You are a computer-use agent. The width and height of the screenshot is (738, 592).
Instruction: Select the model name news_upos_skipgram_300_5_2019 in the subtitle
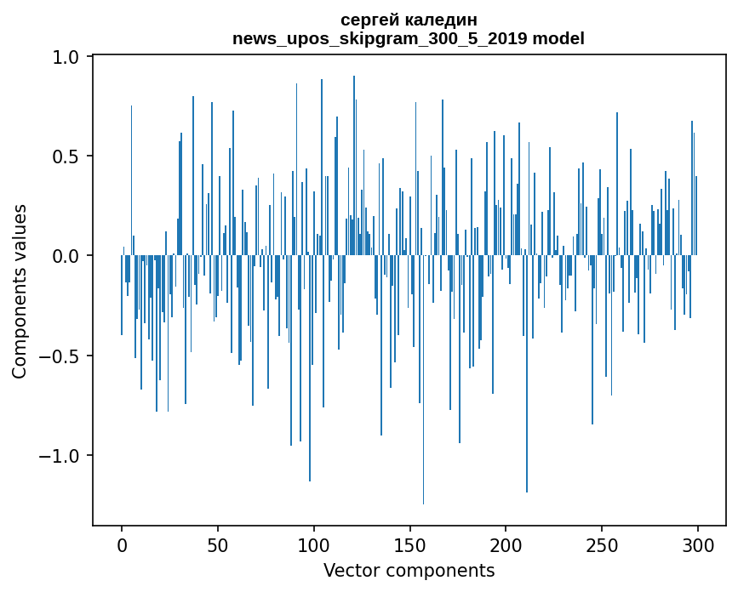[385, 38]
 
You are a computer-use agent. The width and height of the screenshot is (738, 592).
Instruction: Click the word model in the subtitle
[562, 38]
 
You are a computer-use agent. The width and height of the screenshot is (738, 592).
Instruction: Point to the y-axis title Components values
[20, 291]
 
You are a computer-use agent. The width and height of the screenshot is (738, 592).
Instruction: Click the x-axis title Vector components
[409, 570]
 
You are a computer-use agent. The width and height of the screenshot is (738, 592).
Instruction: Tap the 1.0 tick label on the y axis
[66, 57]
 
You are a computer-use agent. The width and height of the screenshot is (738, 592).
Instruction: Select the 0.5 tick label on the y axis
[66, 157]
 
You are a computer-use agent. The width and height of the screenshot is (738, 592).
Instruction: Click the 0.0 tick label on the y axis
[66, 256]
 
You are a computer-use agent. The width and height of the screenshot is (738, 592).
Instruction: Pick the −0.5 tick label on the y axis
[59, 356]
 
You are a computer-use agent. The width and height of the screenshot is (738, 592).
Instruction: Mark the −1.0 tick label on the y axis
[59, 455]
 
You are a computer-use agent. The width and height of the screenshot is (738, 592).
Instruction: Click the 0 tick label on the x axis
[122, 544]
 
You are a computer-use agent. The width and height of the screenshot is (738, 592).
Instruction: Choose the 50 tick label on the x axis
[218, 544]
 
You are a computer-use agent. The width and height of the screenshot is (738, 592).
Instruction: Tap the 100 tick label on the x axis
[314, 544]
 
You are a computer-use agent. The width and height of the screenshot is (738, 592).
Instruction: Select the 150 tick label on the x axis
[410, 544]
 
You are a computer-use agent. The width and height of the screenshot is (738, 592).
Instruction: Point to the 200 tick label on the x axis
[506, 544]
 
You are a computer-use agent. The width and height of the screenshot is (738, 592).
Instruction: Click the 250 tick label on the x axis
[602, 544]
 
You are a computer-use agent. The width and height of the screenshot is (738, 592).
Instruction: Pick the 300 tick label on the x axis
[698, 544]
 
